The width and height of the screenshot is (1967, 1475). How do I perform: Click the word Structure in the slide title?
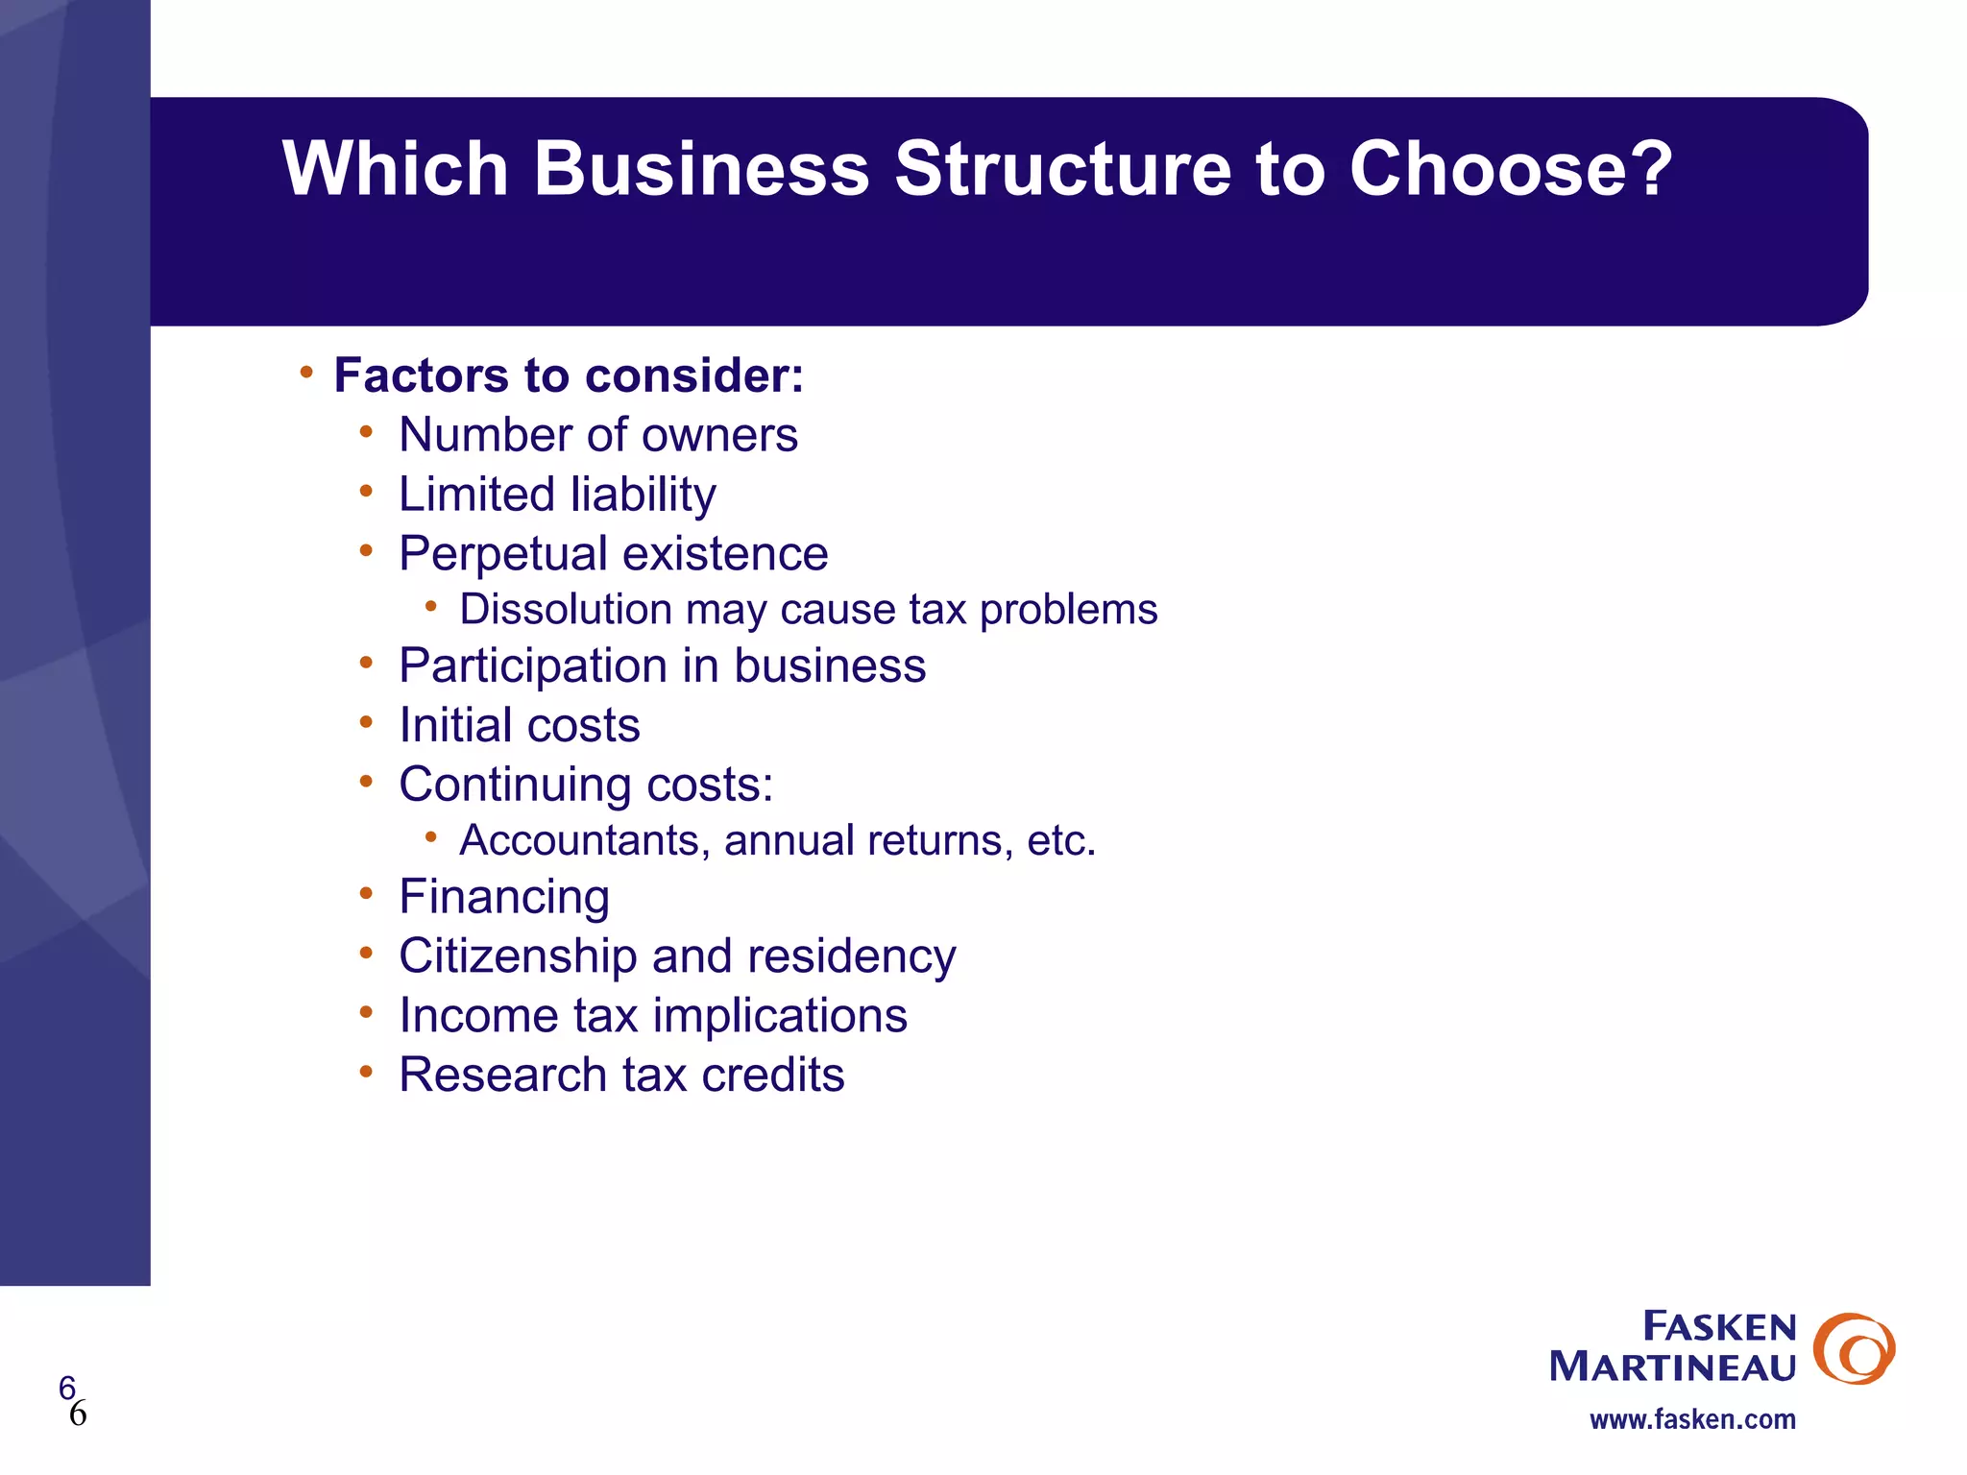[1062, 169]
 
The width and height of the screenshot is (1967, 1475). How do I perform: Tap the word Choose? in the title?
[1511, 169]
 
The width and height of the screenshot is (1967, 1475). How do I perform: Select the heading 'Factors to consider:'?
[569, 375]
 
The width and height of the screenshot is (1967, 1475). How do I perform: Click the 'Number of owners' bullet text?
[597, 435]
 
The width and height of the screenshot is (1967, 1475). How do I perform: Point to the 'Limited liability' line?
[557, 496]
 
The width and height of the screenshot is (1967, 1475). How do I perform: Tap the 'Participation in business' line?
[662, 666]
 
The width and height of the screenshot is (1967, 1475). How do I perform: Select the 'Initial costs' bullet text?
[519, 726]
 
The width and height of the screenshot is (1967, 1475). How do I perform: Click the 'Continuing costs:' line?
[586, 786]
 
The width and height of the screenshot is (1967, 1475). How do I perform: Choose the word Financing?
[504, 898]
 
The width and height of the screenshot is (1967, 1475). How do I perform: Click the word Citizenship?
[518, 956]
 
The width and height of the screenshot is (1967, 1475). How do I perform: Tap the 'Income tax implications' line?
[653, 1016]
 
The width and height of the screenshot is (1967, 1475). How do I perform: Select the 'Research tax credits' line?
[621, 1076]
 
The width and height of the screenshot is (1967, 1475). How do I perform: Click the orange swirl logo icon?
[1853, 1348]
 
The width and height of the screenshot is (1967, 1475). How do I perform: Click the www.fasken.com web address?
[1692, 1419]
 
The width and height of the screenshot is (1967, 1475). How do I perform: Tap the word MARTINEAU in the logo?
[1672, 1366]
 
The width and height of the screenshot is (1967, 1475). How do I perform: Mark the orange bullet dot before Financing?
[366, 894]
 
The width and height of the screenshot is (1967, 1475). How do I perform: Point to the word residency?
[851, 956]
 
